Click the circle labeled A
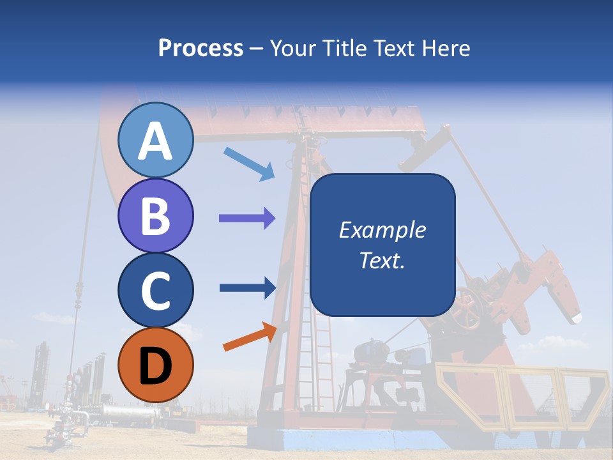155,141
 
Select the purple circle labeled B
155,215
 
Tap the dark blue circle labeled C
155,290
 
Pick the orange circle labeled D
155,365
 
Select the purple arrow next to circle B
247,218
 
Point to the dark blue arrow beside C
248,287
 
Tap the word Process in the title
201,49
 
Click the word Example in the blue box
382,230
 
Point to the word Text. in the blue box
382,260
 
